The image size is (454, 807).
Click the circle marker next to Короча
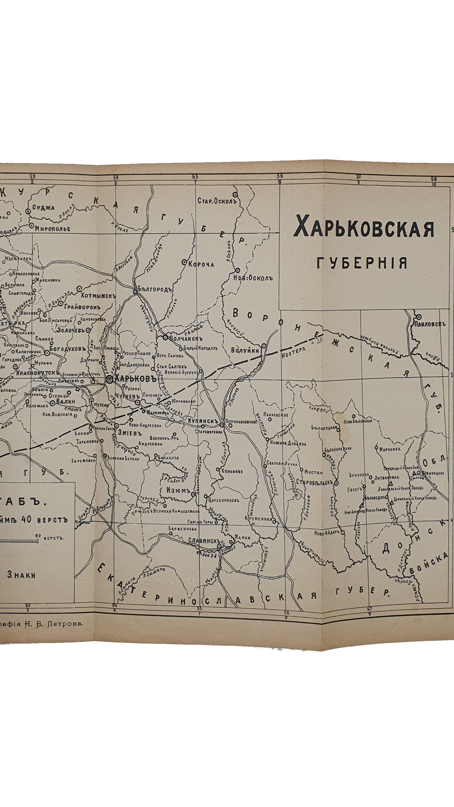[x=184, y=262]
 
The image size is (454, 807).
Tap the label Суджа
[x=46, y=208]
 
